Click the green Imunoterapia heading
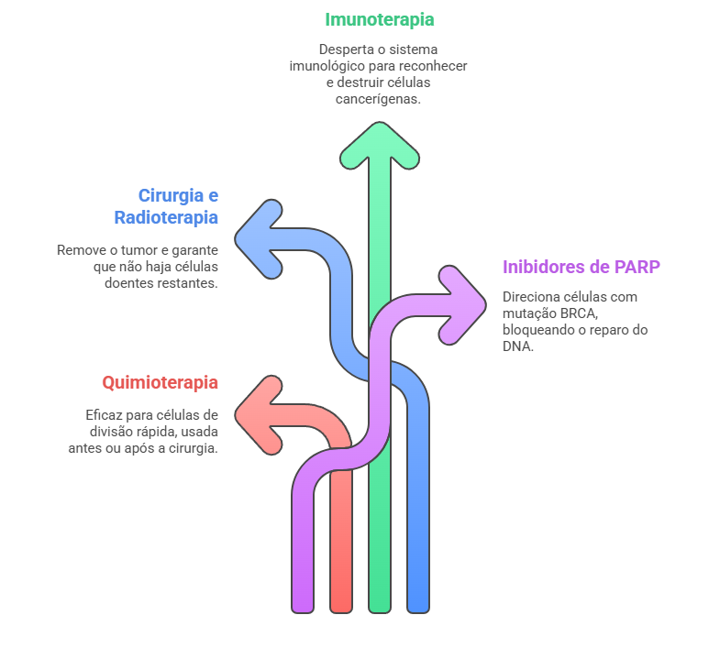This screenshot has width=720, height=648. [379, 19]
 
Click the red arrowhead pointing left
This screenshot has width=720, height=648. [260, 414]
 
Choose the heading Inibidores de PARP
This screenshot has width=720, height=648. [582, 267]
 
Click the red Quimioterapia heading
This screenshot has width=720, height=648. [160, 382]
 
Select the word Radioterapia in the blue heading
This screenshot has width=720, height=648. [166, 217]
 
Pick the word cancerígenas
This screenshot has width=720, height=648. [379, 99]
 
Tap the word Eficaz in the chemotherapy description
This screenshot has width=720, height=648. [104, 414]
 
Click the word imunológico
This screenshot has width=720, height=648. [331, 66]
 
